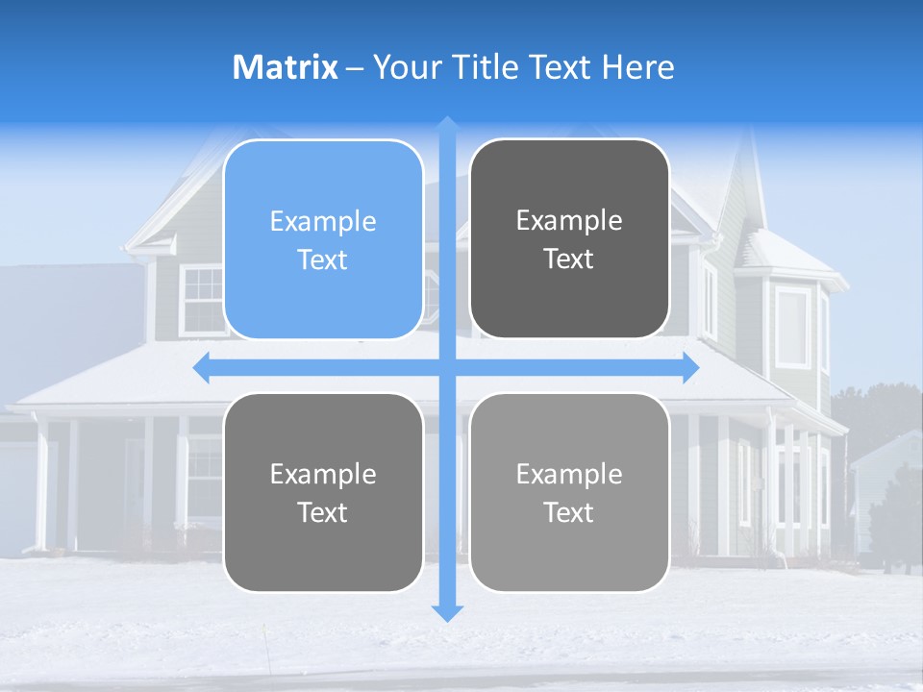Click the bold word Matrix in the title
pos(286,67)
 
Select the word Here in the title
pos(638,67)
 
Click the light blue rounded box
pos(323,239)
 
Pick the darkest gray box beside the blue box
pos(569,238)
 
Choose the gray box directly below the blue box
pos(323,492)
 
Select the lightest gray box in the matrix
pos(569,492)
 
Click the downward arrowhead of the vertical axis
pos(447,612)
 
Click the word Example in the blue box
pos(323,222)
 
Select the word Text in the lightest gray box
pos(569,512)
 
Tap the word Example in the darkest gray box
pos(569,221)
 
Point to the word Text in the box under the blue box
pos(323,512)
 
